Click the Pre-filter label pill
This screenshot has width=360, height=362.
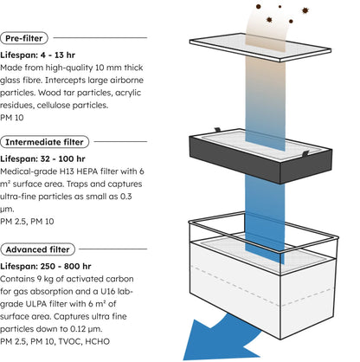24,38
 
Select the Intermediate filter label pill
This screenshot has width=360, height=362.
44,142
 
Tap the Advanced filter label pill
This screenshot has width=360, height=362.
37,249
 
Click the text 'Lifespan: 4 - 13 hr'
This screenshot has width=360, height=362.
37,55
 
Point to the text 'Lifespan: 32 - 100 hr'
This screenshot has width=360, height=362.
42,159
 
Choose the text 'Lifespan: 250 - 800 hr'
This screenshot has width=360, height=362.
46,267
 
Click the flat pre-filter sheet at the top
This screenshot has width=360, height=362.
260,48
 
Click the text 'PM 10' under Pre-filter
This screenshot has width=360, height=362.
12,118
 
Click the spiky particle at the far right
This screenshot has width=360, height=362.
305,10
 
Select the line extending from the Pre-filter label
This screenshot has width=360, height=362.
100,37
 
